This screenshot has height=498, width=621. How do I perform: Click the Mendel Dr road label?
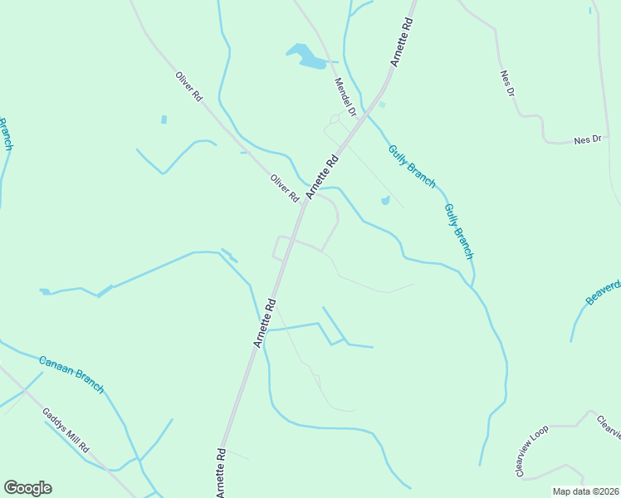click(345, 97)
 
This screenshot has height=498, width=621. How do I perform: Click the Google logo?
click(27, 488)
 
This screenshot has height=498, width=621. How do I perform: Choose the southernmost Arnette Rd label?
click(222, 473)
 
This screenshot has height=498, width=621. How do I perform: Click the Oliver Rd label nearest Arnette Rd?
click(284, 188)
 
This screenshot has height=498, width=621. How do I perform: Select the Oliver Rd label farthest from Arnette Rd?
click(188, 86)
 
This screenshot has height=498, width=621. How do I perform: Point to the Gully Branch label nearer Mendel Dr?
click(411, 167)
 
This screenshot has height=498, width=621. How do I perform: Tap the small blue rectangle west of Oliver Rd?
click(164, 120)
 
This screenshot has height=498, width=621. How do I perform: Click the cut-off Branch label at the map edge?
click(5, 134)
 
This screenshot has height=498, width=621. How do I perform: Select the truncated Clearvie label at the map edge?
click(609, 427)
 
